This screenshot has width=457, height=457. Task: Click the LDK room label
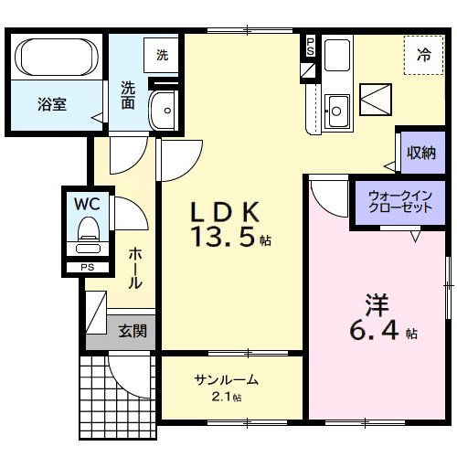pyautogui.click(x=226, y=213)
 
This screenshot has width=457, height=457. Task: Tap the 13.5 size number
pyautogui.click(x=225, y=239)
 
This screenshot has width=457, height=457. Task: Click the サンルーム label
pyautogui.click(x=225, y=380)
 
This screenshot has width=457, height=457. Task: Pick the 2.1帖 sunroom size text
pyautogui.click(x=225, y=397)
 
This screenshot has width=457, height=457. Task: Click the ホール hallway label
pyautogui.click(x=134, y=268)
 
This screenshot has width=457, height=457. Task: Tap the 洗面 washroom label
pyautogui.click(x=129, y=95)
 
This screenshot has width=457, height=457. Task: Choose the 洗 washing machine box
pyautogui.click(x=162, y=55)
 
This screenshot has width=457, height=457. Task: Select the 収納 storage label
pyautogui.click(x=421, y=153)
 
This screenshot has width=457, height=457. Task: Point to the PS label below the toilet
pyautogui.click(x=88, y=268)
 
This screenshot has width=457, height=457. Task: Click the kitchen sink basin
pyautogui.click(x=336, y=112)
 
